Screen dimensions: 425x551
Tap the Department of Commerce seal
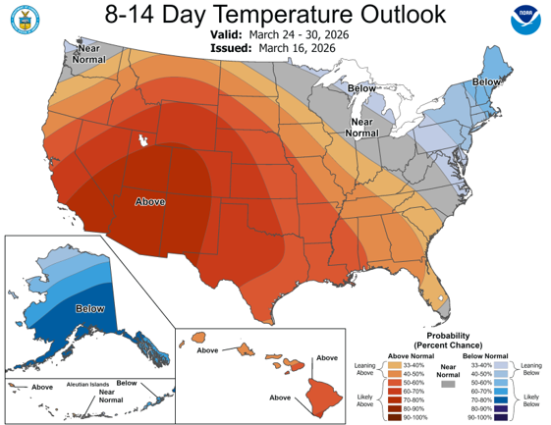click(x=22, y=22)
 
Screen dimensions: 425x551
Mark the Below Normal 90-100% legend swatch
click(x=483, y=417)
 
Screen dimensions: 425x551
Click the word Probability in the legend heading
click(x=446, y=335)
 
